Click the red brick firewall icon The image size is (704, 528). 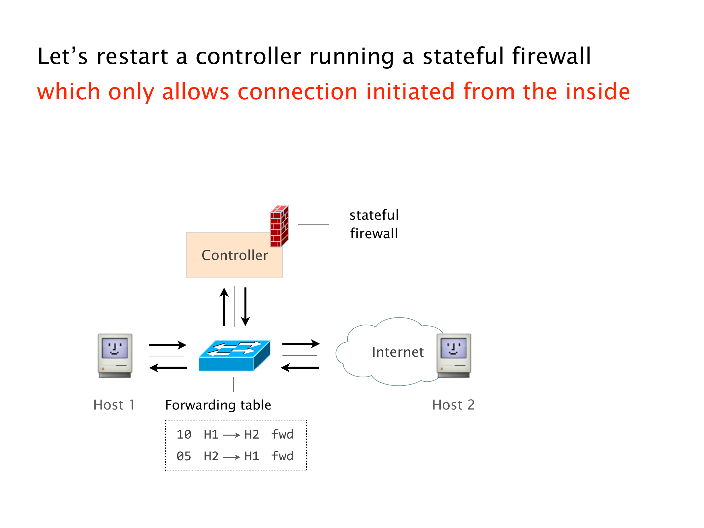point(279,226)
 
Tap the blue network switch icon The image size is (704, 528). point(234,355)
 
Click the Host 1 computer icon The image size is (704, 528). point(115,355)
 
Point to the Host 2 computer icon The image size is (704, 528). point(454,355)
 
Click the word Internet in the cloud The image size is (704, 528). point(398,352)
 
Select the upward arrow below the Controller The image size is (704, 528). point(224,307)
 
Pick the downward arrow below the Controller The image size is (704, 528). point(245,307)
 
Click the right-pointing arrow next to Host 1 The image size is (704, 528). point(168,345)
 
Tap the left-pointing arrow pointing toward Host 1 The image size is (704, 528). point(168,367)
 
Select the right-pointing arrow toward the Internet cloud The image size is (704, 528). point(301,344)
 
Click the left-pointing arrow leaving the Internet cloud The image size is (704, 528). point(300,367)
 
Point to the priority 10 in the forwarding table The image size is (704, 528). point(184,434)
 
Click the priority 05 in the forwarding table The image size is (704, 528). point(184,456)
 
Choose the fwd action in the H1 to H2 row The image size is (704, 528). point(282,434)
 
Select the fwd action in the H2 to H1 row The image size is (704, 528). point(282,456)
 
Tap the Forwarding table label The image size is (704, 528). point(218,405)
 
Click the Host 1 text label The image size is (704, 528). point(114,405)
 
